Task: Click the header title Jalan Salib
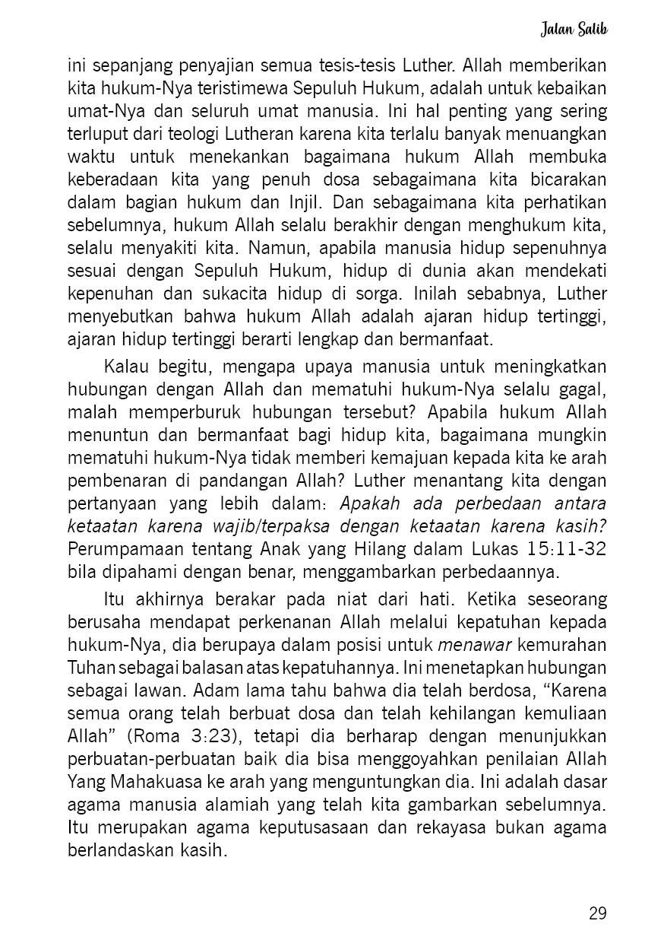pyautogui.click(x=574, y=30)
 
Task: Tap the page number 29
pyautogui.click(x=598, y=913)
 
